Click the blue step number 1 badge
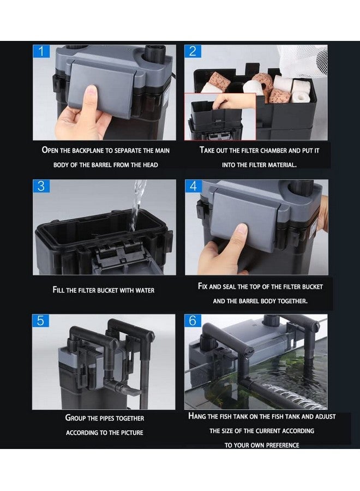point(41,51)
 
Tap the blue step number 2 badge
point(193,51)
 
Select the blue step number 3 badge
point(41,186)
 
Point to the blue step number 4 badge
point(193,186)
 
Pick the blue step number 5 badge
point(40,321)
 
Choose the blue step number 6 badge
point(193,321)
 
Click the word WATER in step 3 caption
point(145,291)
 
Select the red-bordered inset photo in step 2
point(220,117)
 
